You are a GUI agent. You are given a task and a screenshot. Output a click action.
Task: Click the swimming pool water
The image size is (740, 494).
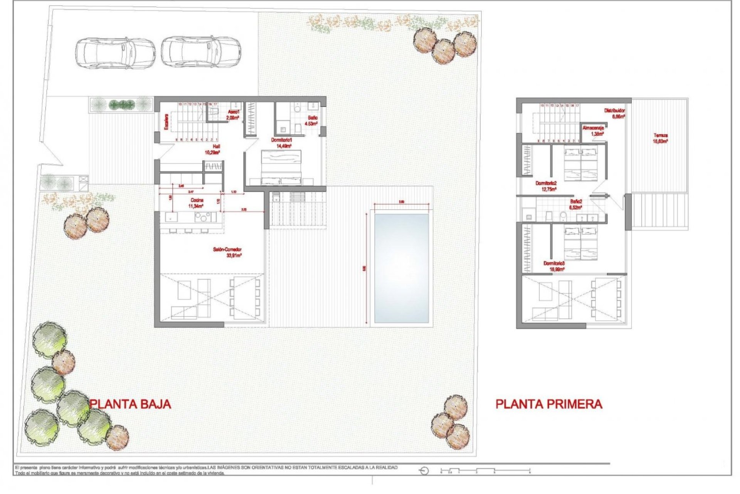(401, 268)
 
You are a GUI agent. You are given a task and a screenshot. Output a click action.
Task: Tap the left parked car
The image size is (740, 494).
(115, 53)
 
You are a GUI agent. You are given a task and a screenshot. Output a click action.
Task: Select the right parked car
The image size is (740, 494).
(201, 52)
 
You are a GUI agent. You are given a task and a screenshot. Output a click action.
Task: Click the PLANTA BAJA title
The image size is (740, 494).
(130, 404)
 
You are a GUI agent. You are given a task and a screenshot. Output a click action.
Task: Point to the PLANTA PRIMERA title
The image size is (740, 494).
(548, 404)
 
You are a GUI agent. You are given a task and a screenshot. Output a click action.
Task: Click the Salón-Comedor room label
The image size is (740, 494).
(227, 252)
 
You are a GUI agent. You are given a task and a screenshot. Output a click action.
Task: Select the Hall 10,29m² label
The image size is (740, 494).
(213, 149)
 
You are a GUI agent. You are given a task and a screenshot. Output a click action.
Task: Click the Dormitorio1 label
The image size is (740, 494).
(282, 143)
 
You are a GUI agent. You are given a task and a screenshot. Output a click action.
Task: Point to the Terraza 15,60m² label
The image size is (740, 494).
(660, 138)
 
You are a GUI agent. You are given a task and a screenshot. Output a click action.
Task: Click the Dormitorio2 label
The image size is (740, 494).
(546, 186)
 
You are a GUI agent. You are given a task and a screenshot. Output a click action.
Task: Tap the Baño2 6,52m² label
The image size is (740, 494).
(576, 204)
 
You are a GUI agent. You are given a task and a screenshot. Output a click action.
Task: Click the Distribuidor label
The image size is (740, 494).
(614, 113)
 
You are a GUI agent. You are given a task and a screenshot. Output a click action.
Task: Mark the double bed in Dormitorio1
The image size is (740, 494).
(281, 167)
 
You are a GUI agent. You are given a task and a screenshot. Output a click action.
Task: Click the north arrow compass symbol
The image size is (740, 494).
(424, 471)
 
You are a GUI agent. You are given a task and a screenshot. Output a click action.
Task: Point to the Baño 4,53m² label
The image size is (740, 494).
(311, 120)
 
